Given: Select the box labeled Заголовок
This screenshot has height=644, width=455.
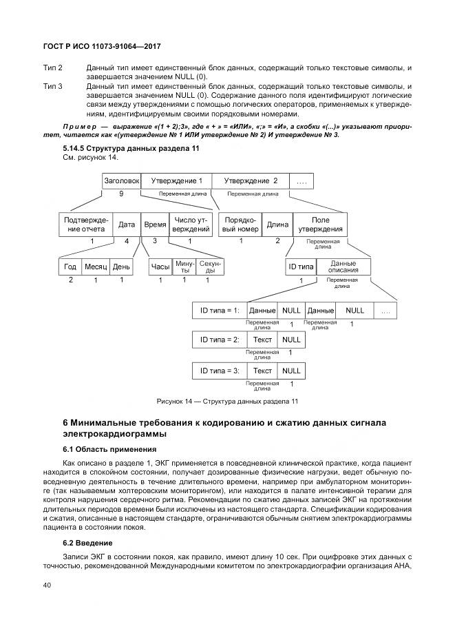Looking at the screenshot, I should coord(121,180).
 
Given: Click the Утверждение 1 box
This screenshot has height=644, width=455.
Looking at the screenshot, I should coord(176,180).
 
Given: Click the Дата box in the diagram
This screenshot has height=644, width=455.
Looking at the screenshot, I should coord(127,225).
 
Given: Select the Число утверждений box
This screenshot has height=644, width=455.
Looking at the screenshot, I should coord(190,225).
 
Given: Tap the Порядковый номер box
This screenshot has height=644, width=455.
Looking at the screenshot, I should coord(241,225).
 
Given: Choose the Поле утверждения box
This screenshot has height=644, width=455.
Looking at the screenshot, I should coord(320,225).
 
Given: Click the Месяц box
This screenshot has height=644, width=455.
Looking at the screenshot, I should coord(96,267).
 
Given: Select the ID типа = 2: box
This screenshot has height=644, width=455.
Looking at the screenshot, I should coord(219,340).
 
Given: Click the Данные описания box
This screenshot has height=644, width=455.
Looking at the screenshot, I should coord(343,267).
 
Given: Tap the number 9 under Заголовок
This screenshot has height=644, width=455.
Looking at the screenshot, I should coord(121,194).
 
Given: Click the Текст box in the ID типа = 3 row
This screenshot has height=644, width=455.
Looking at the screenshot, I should coord(262,371).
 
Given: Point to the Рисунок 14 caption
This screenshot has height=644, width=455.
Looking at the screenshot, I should coord(227,402).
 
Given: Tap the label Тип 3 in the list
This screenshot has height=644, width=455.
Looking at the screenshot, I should coord(53,86).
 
